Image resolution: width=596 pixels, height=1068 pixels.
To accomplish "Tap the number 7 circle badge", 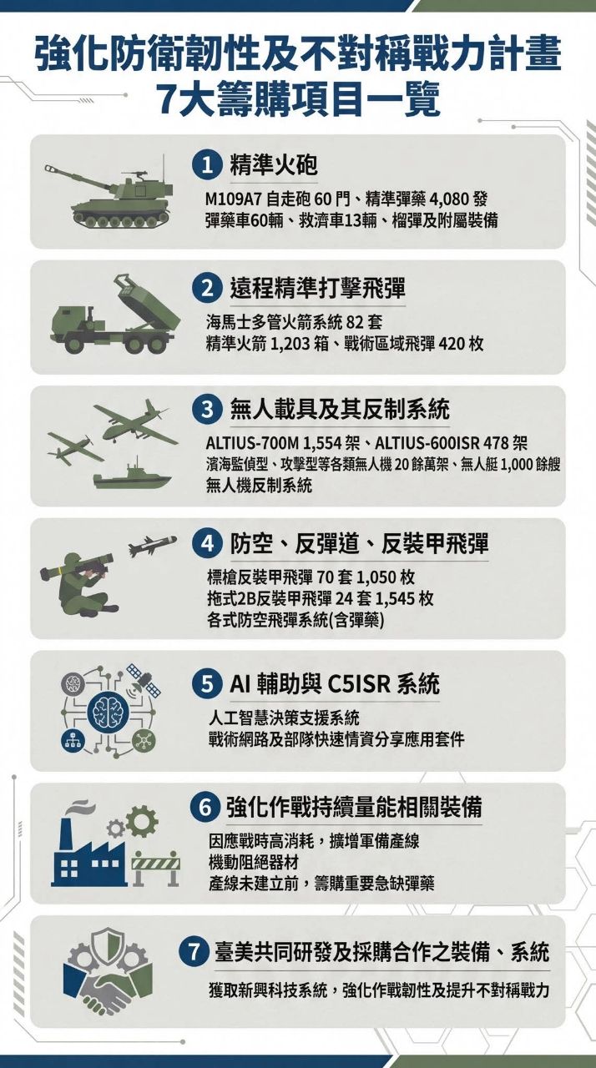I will [194, 952].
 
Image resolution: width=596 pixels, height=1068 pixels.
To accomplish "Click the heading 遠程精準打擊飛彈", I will [317, 290].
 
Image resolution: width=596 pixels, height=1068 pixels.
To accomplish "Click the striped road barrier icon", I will [156, 868].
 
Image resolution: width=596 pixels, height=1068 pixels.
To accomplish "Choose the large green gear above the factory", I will [141, 821].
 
